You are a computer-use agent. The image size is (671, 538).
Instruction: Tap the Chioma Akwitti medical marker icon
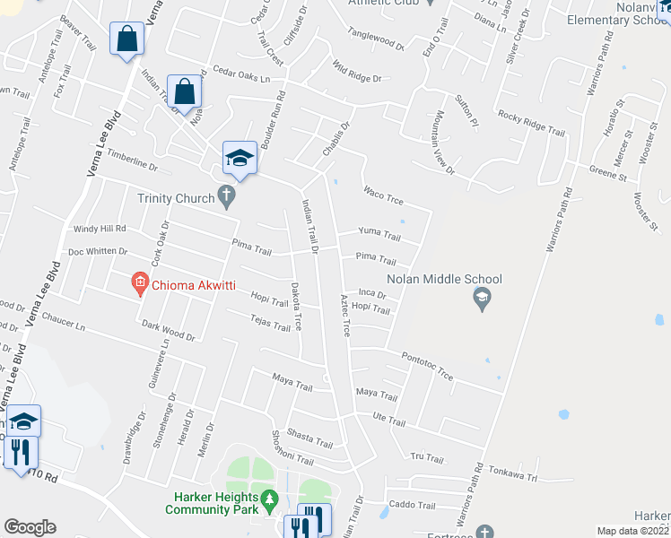click(x=139, y=284)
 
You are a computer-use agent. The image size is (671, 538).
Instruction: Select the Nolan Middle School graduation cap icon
click(x=482, y=299)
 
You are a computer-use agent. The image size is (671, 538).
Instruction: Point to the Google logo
click(x=30, y=527)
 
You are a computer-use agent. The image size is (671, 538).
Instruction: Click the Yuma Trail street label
click(x=379, y=234)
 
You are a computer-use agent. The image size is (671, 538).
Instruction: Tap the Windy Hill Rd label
click(x=100, y=229)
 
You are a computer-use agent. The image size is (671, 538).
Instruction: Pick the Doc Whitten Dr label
click(x=98, y=252)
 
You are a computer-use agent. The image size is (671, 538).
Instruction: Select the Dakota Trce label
click(x=297, y=306)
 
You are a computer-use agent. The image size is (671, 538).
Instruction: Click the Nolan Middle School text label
click(x=444, y=280)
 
